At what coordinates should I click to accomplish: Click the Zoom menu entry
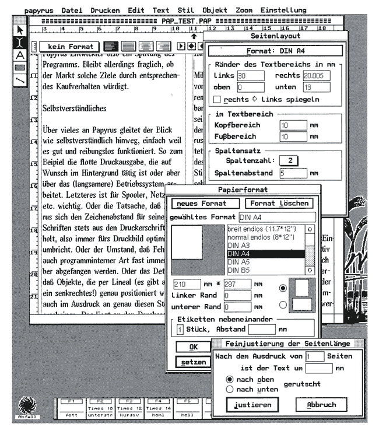click(x=244, y=10)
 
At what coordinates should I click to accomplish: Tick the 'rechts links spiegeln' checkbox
click(x=218, y=99)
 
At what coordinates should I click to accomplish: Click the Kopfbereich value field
click(x=292, y=125)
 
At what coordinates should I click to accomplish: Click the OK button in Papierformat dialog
click(x=192, y=346)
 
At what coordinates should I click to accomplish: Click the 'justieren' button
click(x=249, y=405)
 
